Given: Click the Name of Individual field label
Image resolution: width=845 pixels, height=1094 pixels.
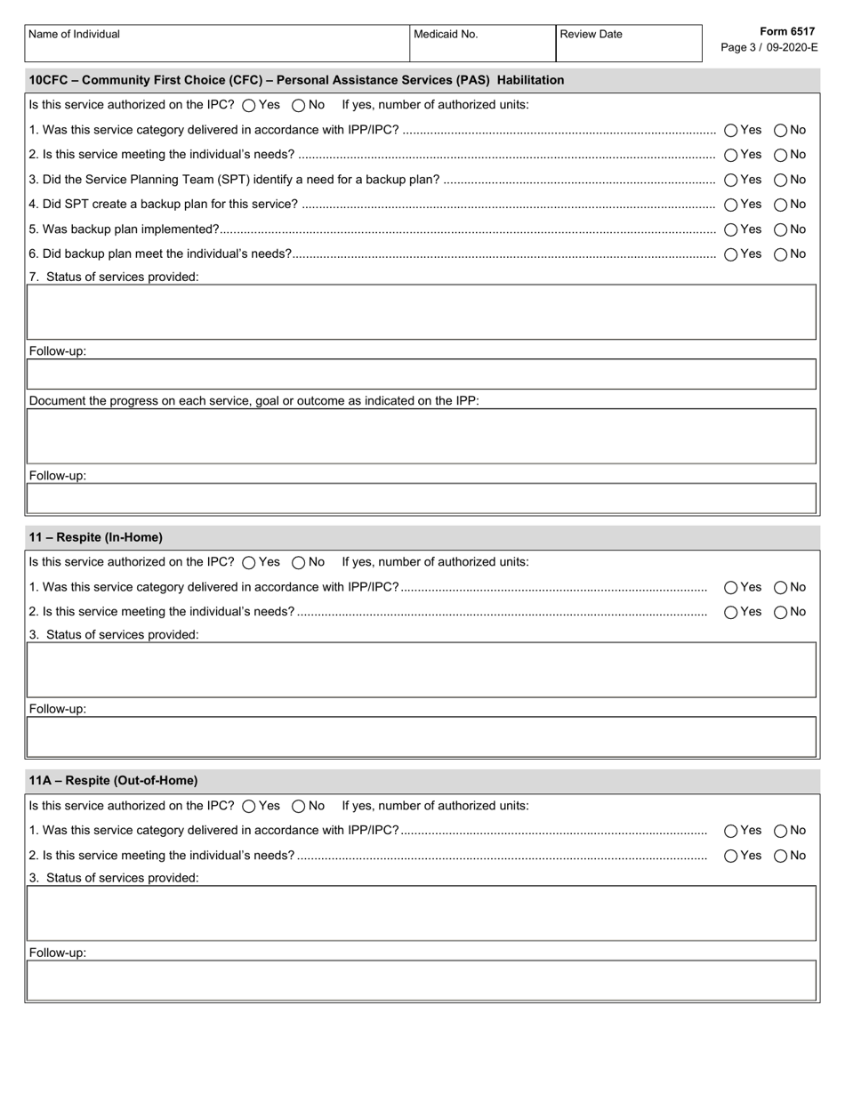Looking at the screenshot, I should pyautogui.click(x=74, y=35).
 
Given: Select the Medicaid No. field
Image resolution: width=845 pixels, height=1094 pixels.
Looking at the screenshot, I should pyautogui.click(x=482, y=48).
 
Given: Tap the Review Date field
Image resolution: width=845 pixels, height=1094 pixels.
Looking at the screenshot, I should pyautogui.click(x=629, y=48).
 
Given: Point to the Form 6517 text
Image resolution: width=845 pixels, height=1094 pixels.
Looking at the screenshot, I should pyautogui.click(x=787, y=31).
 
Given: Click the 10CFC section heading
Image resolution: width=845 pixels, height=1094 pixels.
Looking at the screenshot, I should pyautogui.click(x=296, y=80).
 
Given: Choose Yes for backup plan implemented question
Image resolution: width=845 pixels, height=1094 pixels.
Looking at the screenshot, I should pyautogui.click(x=731, y=229).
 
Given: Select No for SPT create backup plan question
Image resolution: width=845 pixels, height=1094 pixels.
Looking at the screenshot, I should pyautogui.click(x=781, y=205).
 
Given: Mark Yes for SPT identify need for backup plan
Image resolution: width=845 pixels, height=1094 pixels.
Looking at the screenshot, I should pyautogui.click(x=731, y=180).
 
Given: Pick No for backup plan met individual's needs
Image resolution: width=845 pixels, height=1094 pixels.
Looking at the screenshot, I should pyautogui.click(x=781, y=254).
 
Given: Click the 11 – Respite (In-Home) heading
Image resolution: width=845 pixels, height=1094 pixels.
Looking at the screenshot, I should pyautogui.click(x=96, y=537).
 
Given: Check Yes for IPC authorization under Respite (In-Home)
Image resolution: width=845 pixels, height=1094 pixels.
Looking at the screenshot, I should pyautogui.click(x=249, y=562).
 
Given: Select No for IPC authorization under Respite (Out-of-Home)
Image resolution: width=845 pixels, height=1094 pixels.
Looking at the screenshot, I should pyautogui.click(x=299, y=806).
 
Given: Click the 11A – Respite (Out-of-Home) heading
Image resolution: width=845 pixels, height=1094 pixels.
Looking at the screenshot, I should pyautogui.click(x=113, y=780).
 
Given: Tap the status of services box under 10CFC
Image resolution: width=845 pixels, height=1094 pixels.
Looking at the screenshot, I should pyautogui.click(x=422, y=312).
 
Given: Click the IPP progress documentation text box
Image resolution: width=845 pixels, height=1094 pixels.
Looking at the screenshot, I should pyautogui.click(x=422, y=436).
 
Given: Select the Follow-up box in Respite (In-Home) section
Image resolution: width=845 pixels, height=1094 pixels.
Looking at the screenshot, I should pyautogui.click(x=422, y=736).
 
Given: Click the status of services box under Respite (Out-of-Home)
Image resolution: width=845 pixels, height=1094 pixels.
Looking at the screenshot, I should pyautogui.click(x=422, y=913).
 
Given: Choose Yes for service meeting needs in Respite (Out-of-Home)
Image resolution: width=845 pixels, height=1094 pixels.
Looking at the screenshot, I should pyautogui.click(x=731, y=856).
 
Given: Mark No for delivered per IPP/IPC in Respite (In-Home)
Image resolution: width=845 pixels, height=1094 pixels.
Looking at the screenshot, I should pyautogui.click(x=781, y=587).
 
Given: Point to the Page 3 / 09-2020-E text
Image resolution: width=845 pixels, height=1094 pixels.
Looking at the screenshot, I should pyautogui.click(x=769, y=47).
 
